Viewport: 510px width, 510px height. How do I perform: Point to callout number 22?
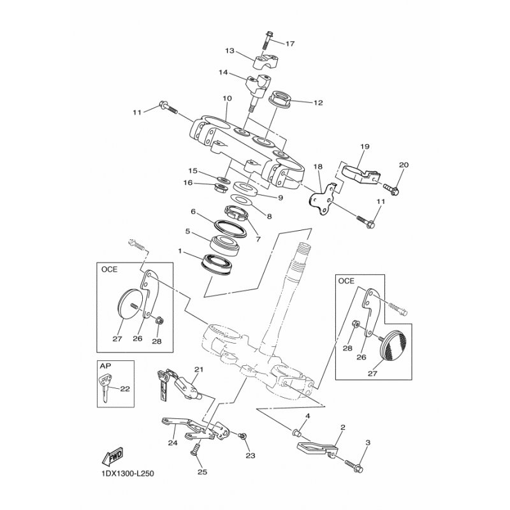[x=125, y=389]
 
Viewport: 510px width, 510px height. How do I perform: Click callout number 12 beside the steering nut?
[x=317, y=102]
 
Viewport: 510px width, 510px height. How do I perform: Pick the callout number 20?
[x=403, y=165]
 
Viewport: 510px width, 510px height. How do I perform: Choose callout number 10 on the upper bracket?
[x=226, y=99]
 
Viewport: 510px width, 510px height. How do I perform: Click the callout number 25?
[x=202, y=472]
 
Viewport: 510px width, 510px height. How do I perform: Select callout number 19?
[x=365, y=147]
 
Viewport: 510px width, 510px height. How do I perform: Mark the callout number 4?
[x=307, y=416]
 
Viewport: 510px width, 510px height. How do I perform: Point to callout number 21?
[x=198, y=370]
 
